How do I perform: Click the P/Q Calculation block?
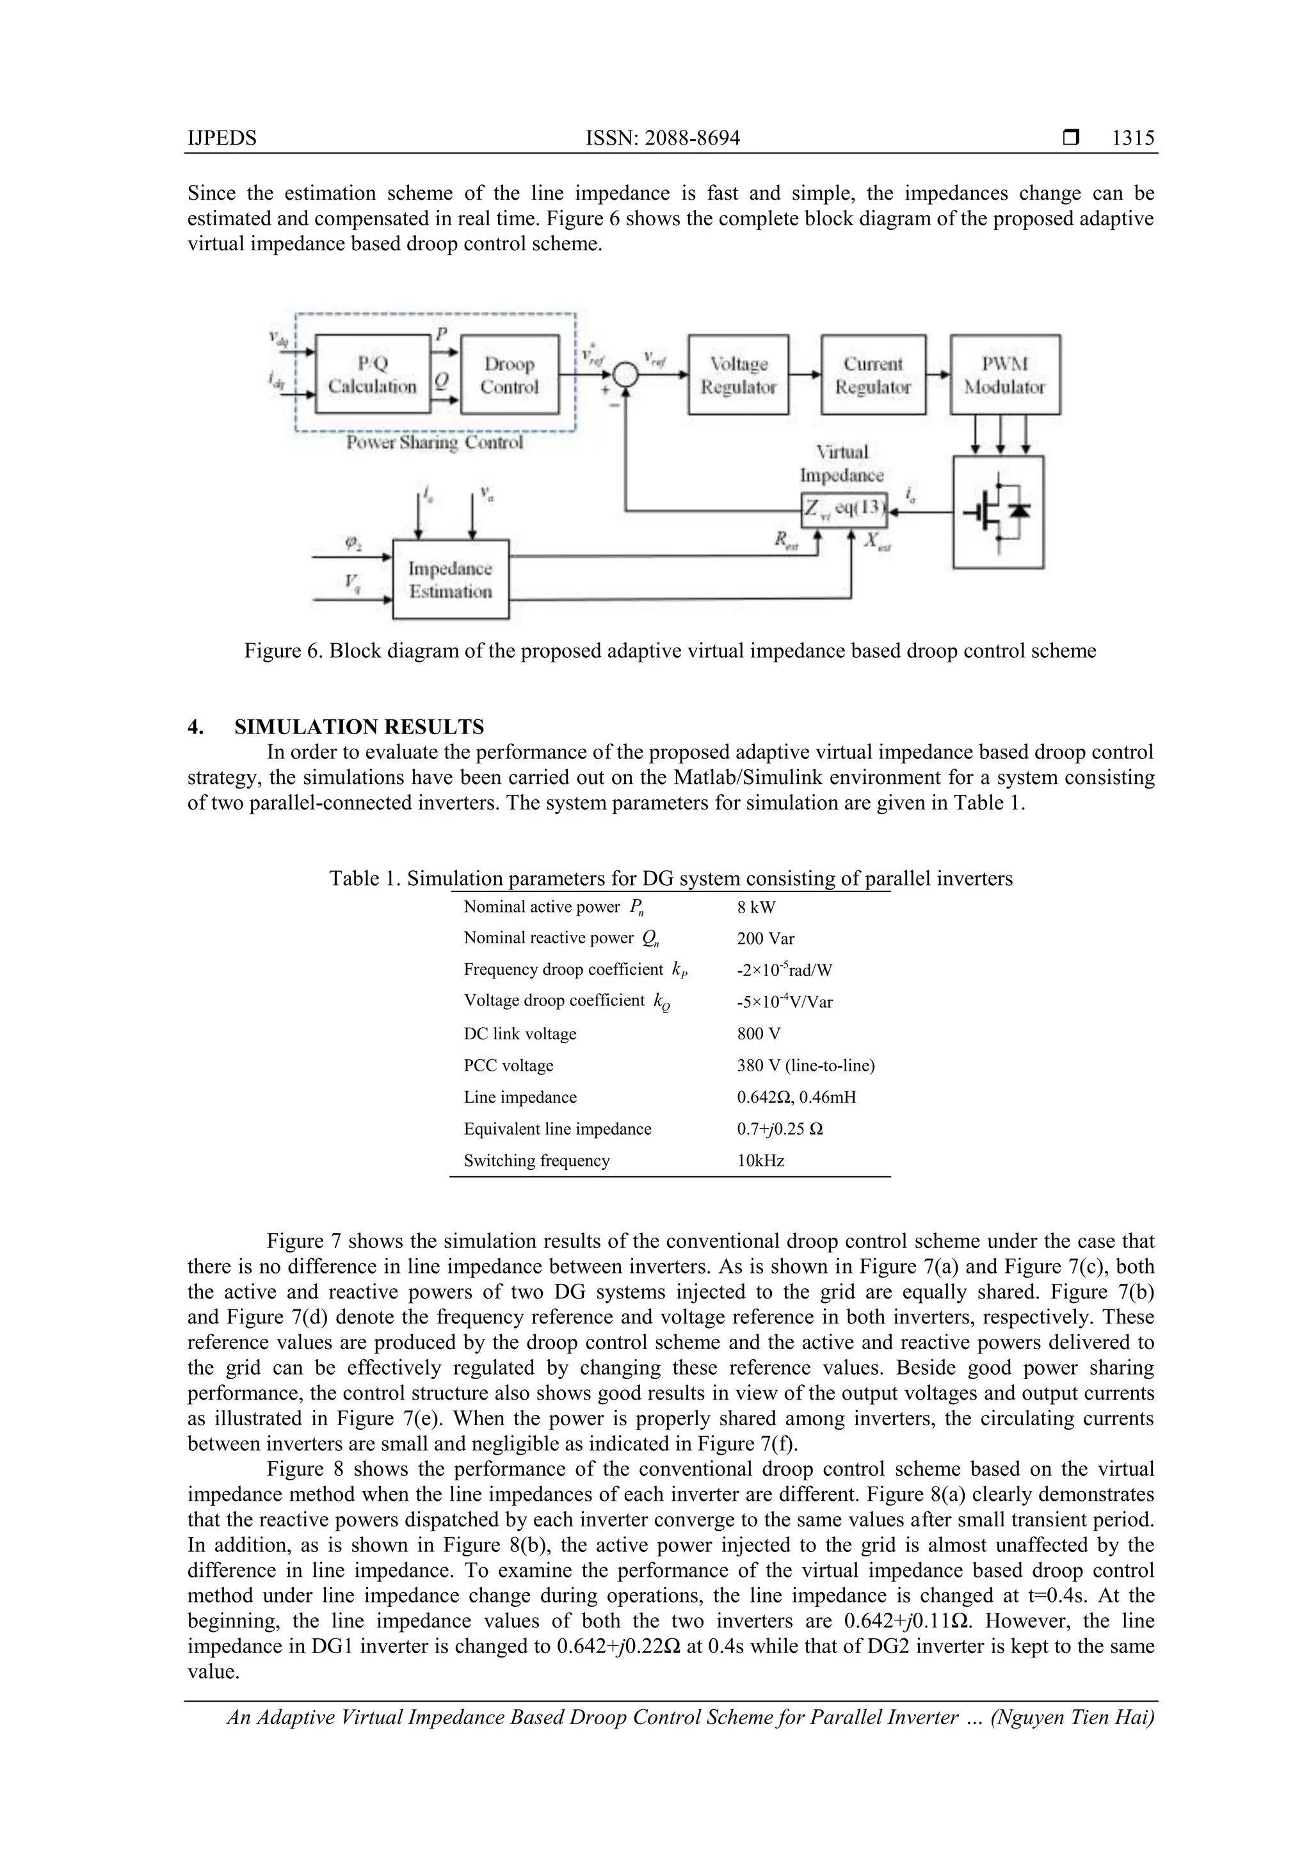373,374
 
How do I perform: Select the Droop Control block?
509,374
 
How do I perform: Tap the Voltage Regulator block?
737,374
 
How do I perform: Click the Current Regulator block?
873,374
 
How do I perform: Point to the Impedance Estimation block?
450,579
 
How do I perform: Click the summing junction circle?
624,374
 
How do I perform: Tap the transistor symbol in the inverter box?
997,512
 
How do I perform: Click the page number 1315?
1132,138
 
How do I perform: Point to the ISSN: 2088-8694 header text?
663,138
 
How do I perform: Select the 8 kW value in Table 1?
755,907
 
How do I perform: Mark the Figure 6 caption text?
670,651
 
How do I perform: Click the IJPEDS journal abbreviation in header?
221,138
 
